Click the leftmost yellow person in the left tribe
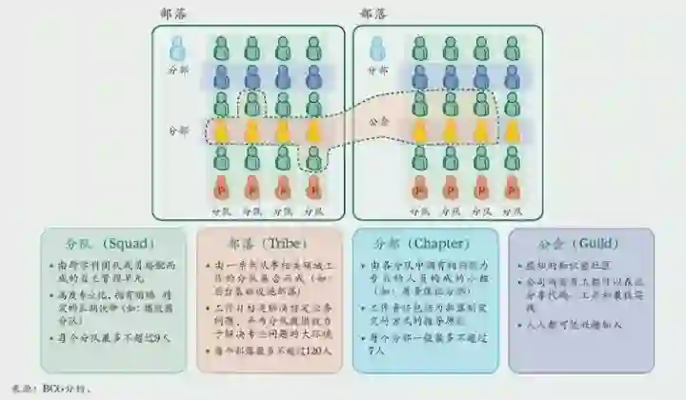[221, 130]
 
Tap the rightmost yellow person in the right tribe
[511, 130]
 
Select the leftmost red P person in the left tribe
[221, 186]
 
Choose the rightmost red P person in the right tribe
[511, 186]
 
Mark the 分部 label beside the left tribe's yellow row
[178, 130]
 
